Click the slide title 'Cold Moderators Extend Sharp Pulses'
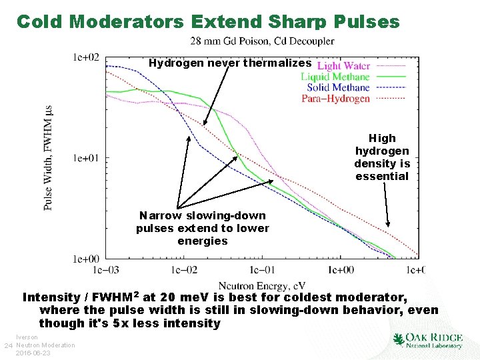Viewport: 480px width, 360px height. click(207, 21)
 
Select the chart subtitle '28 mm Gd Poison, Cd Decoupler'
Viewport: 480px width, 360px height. click(262, 41)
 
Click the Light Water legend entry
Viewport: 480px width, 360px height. click(343, 66)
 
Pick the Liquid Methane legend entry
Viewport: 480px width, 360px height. click(335, 77)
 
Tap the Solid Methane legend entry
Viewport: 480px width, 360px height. click(338, 87)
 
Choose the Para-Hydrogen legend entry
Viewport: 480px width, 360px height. click(335, 98)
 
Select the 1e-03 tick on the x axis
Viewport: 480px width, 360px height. click(107, 270)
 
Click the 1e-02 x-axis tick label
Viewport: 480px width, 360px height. click(184, 270)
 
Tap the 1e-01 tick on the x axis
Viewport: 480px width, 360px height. click(262, 270)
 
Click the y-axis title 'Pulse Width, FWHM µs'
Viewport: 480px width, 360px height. click(48, 157)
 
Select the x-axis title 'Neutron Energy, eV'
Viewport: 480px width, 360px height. click(262, 285)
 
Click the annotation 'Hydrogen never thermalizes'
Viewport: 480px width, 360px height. click(230, 63)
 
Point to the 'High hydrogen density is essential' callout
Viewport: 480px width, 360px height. click(382, 157)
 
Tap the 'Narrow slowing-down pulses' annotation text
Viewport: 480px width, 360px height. click(203, 228)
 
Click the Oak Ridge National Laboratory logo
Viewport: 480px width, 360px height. click(428, 340)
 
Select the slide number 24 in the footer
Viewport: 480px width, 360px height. click(8, 345)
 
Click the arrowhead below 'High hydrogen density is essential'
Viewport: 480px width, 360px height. click(388, 225)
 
